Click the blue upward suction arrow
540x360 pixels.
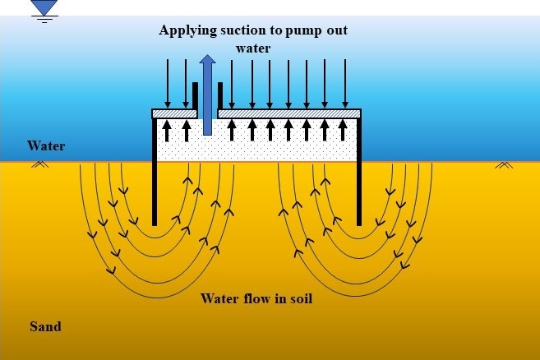[207, 95]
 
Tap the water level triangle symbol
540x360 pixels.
[44, 7]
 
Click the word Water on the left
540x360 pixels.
[46, 145]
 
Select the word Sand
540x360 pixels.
[45, 326]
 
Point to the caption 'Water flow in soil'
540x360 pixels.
[256, 298]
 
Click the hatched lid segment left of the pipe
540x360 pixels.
[174, 113]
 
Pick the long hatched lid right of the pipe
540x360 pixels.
[289, 113]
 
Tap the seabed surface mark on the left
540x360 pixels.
[40, 164]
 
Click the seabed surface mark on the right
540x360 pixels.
[504, 165]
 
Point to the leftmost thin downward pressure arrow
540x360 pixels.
[168, 83]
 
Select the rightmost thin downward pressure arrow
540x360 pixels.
[345, 83]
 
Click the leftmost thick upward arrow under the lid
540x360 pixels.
[167, 130]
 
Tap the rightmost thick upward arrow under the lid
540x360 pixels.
[343, 130]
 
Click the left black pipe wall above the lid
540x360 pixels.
[195, 96]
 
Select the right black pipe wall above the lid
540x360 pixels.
[220, 96]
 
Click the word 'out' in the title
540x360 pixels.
[338, 30]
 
